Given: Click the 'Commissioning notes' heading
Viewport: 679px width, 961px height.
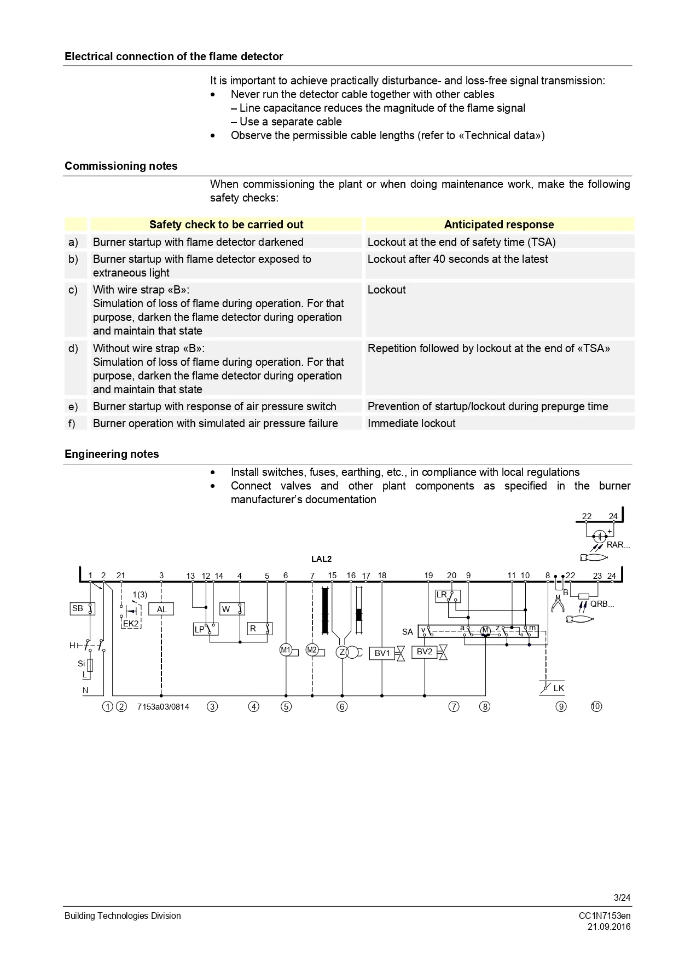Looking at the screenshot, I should coord(121,166).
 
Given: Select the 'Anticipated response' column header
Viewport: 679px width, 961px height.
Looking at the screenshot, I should coord(498,225).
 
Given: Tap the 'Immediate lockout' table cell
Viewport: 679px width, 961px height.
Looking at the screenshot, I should coord(411,423).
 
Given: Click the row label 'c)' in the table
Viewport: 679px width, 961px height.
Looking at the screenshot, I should coord(73,290).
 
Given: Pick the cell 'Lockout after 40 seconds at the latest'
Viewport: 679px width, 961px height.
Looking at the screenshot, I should coord(457,259).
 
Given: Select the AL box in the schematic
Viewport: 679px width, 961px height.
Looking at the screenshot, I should coord(162,609).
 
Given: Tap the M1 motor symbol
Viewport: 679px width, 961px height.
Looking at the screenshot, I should coord(286,650).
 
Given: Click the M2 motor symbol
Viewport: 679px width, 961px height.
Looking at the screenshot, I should coord(312,650).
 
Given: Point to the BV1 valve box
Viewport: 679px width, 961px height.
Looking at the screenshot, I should coord(382,653).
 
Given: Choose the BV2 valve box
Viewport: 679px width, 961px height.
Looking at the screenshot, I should coord(425,652).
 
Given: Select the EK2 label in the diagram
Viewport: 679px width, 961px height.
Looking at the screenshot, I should coord(131,623).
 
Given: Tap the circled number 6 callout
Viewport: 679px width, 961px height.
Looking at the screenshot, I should coord(342,706).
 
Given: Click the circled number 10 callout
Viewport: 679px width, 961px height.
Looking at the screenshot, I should coord(596,706).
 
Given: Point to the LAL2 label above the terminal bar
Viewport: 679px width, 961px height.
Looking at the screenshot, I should coord(321,559).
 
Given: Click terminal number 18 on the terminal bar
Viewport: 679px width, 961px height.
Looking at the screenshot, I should coord(382,576).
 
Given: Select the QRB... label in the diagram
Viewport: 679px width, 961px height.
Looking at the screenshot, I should coord(602,604).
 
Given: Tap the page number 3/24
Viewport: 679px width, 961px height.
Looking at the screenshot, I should coord(622,897).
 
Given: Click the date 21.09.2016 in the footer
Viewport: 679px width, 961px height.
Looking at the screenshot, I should coord(609,927).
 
